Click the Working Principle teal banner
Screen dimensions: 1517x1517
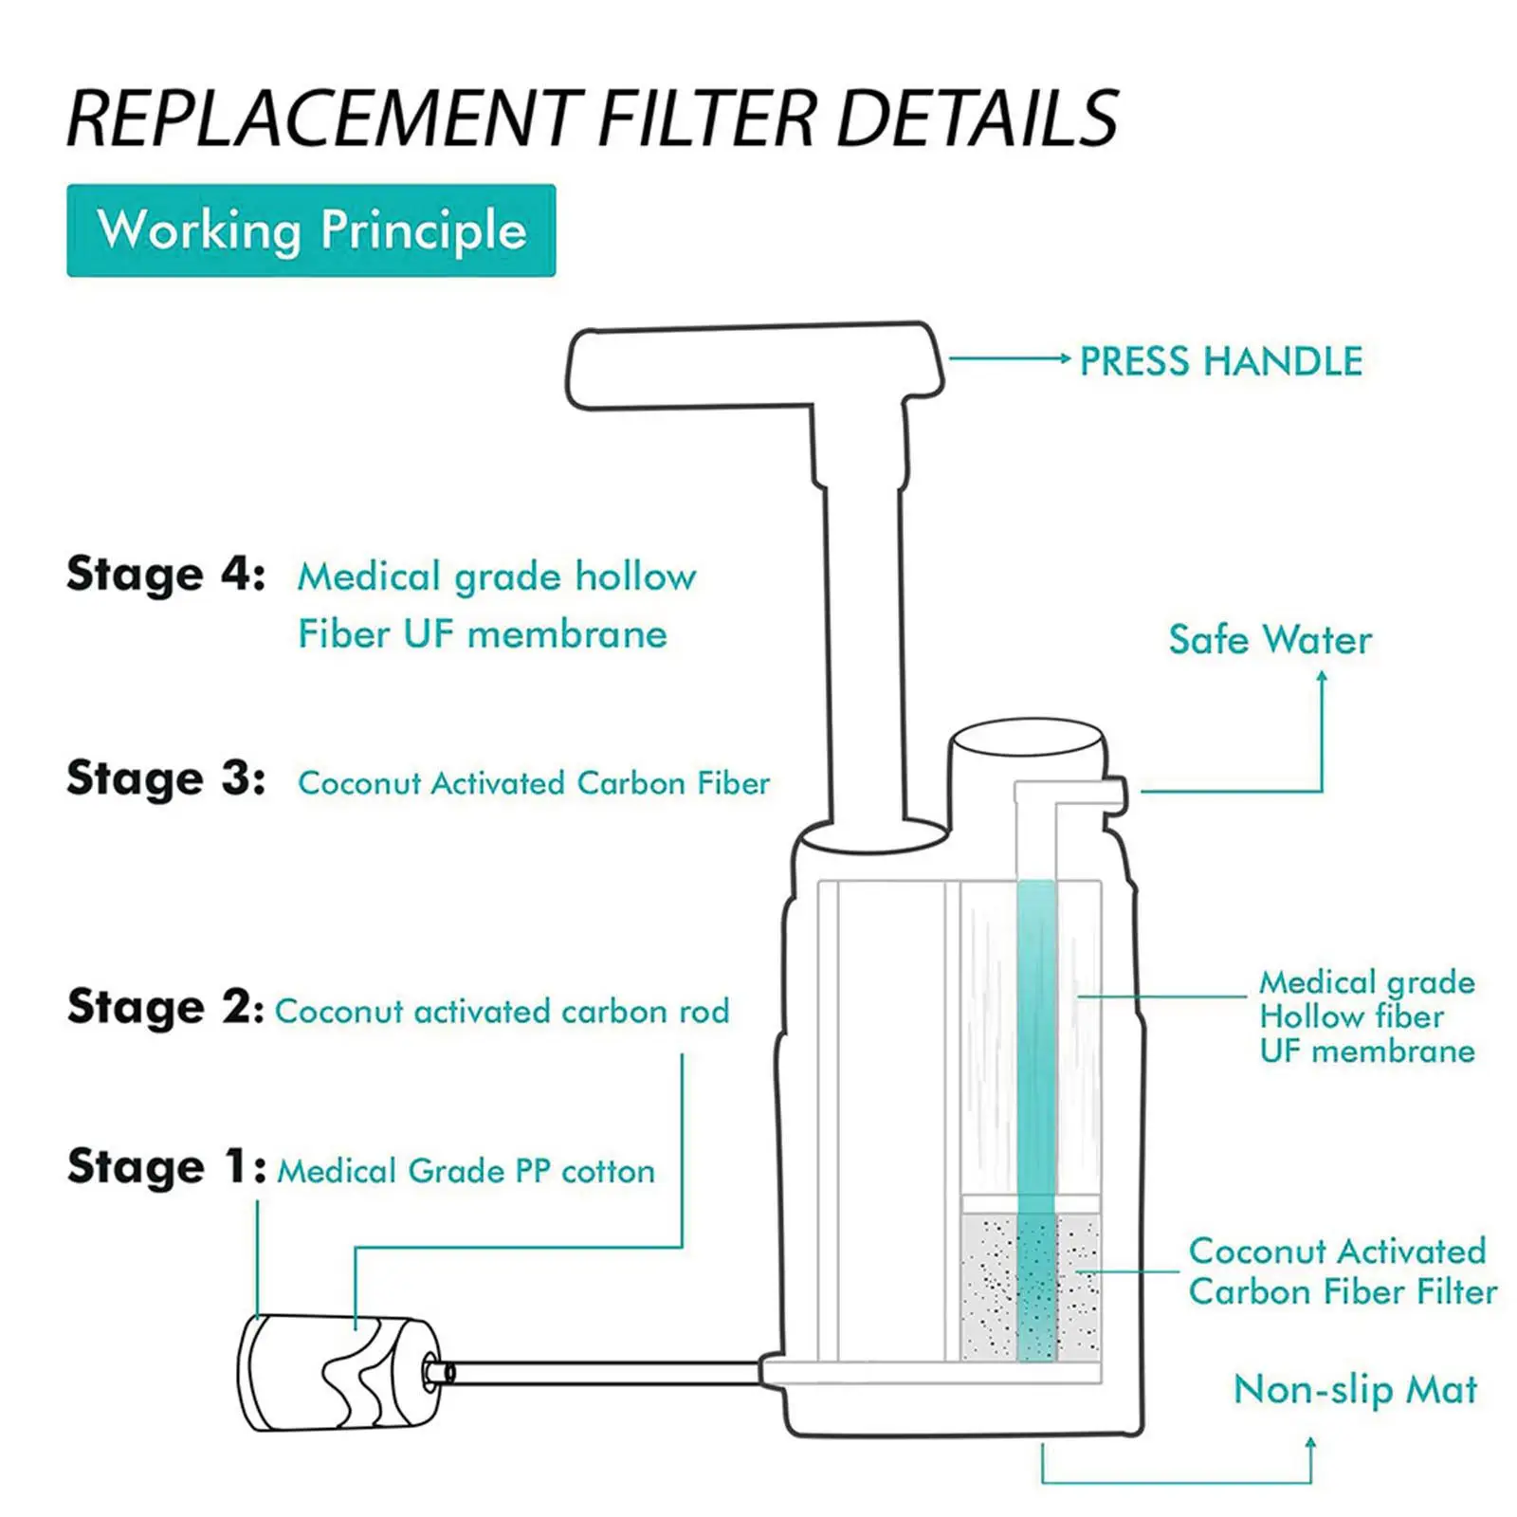[x=311, y=230]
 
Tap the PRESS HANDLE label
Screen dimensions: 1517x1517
[x=1221, y=361]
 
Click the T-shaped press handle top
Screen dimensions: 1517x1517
[x=754, y=365]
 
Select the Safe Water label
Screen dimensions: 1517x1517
[x=1270, y=640]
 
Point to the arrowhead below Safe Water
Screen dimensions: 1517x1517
[x=1322, y=676]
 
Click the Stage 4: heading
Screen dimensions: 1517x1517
[x=166, y=574]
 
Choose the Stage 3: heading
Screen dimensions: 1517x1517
[x=166, y=778]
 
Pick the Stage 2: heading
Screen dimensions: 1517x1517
[x=166, y=1007]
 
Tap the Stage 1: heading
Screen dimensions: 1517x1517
[x=166, y=1167]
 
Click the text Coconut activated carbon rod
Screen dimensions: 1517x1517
[x=503, y=1012]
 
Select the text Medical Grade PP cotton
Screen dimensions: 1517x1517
[x=466, y=1171]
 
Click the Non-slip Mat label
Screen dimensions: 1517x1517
[x=1355, y=1390]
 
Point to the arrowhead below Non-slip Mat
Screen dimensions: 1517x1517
[x=1311, y=1442]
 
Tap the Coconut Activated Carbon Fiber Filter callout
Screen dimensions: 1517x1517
[x=1342, y=1271]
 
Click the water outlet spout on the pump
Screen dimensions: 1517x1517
[x=1115, y=795]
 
